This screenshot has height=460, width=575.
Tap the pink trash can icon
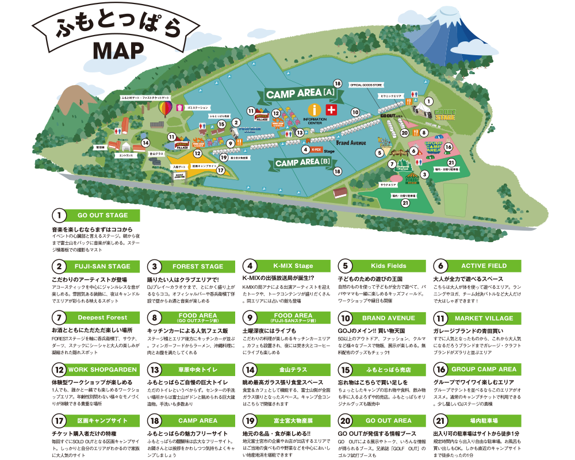pos(179,107)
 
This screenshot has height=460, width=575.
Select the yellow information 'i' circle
pos(314,110)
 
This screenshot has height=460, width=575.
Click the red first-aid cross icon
pos(331,110)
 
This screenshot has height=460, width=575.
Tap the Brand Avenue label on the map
pos(351,141)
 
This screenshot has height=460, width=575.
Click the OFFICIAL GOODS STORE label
pos(366,85)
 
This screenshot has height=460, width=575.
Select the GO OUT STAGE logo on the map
pos(444,114)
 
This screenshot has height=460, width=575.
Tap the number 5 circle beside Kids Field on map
pos(379,153)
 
